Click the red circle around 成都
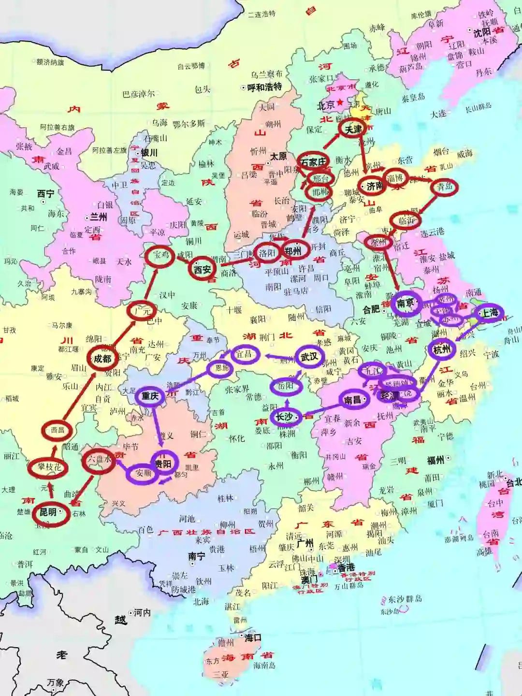pos(102,358)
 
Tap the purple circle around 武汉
pos(309,357)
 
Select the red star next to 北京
pos(341,102)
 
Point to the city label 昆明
pos(48,512)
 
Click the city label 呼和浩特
pos(264,87)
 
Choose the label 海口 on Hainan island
pos(252,638)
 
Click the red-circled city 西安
pos(203,269)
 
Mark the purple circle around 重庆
pos(150,396)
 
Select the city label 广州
pos(305,543)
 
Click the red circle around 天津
pos(353,129)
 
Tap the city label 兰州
pos(98,217)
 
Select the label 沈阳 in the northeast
pos(482,33)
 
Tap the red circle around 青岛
pos(444,187)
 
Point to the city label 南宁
pos(196,556)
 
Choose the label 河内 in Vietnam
pos(142,612)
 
